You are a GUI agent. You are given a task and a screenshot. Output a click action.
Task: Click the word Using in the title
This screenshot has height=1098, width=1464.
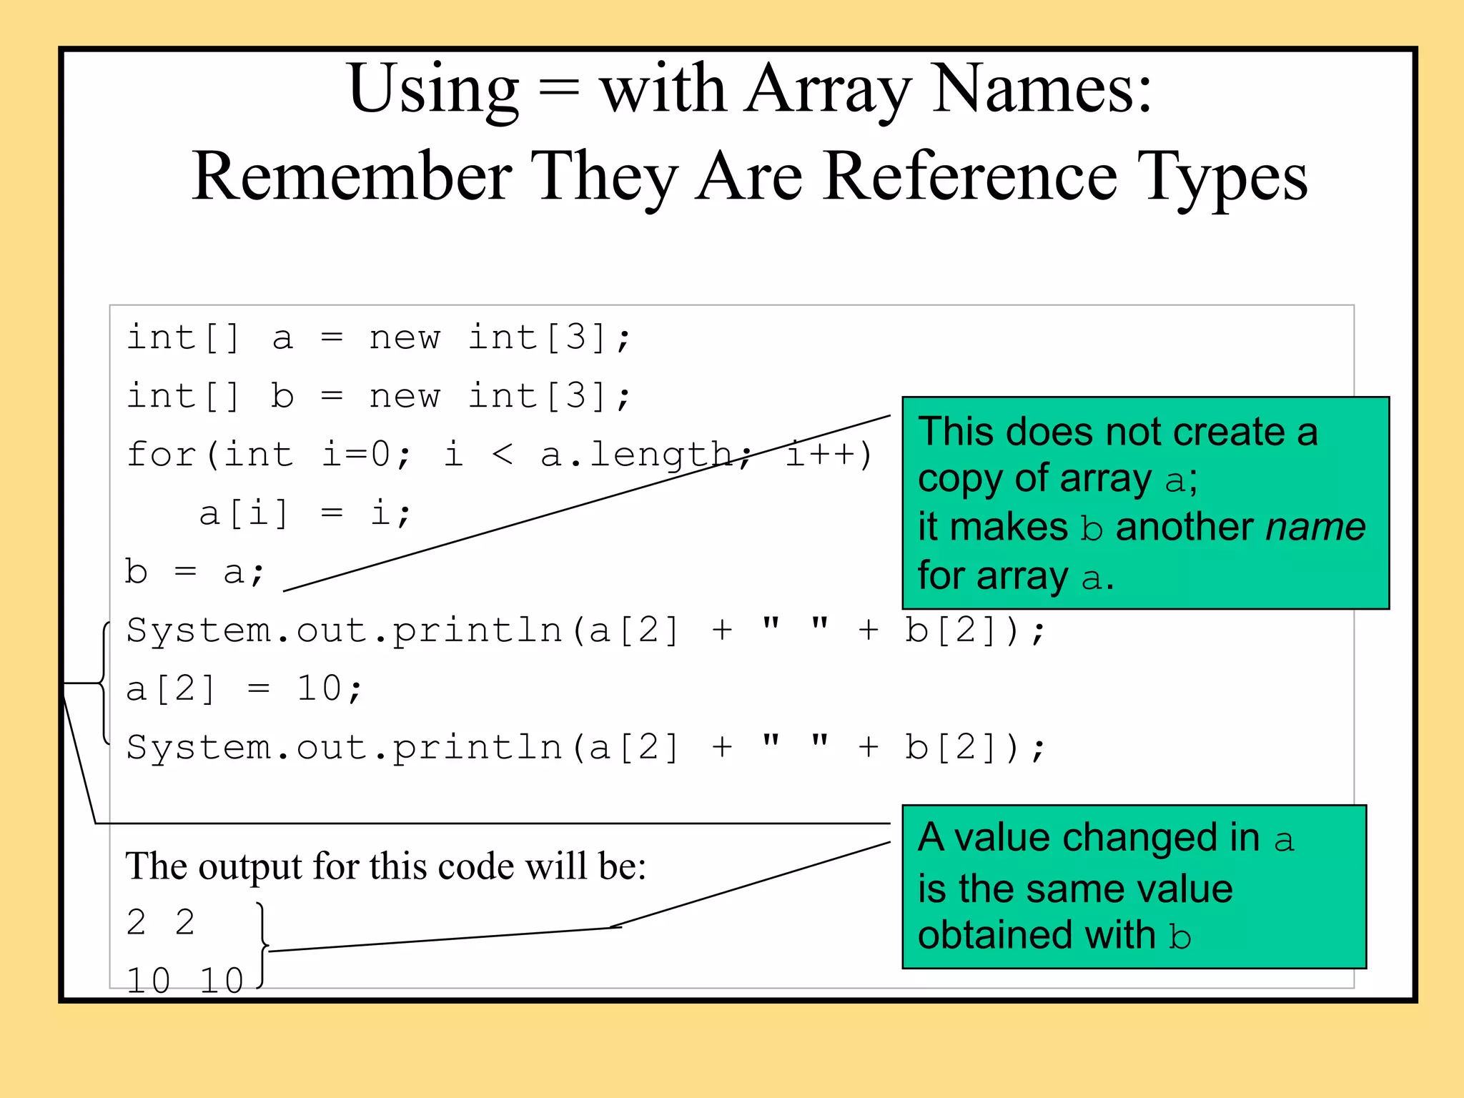[433, 89]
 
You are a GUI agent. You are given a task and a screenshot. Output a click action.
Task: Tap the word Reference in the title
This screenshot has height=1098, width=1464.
[969, 177]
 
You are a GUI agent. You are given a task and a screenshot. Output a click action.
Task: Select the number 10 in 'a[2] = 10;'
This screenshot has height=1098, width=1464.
[319, 689]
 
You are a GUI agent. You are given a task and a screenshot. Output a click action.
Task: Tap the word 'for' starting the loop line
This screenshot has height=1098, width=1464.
[162, 455]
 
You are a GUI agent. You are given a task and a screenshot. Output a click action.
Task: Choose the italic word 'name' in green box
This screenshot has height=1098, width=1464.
[1315, 528]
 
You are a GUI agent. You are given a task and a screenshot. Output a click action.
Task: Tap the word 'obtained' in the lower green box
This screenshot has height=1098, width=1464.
[996, 936]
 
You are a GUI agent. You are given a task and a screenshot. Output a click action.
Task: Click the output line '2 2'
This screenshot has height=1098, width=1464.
[161, 923]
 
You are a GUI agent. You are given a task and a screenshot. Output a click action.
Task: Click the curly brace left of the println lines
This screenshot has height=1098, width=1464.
[104, 683]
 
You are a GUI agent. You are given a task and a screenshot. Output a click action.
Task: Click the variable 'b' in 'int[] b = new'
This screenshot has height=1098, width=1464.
[283, 396]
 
